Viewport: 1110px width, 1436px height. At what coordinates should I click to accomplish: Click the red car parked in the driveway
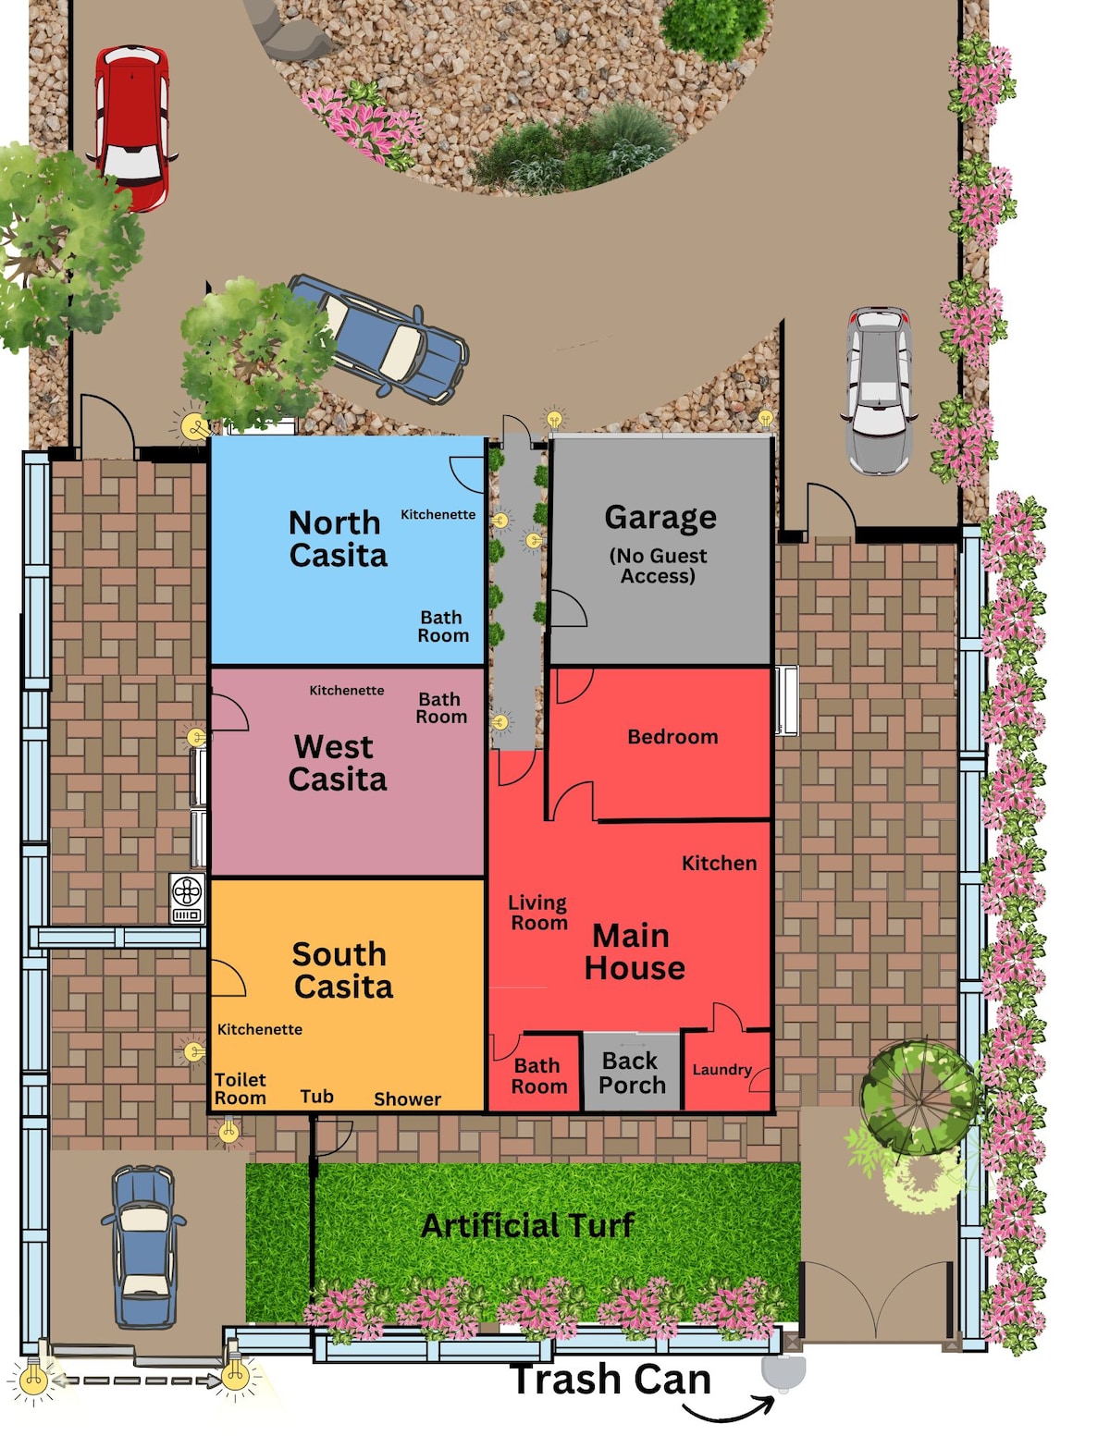coord(132,128)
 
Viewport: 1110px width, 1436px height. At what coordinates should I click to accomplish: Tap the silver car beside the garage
coord(879,390)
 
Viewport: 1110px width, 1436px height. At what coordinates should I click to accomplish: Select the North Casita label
coord(338,538)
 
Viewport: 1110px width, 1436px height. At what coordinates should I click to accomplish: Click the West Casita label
coord(338,763)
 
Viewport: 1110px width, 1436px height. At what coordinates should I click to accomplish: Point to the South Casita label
coord(342,970)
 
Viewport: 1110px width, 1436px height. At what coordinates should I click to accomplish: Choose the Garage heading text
coord(660,517)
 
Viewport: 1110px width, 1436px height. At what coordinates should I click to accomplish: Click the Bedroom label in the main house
coord(672,737)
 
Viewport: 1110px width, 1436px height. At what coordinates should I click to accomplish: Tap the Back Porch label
coord(632,1073)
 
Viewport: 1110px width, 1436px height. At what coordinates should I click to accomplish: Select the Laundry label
coord(721,1070)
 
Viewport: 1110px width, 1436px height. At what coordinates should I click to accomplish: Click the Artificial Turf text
coord(527,1226)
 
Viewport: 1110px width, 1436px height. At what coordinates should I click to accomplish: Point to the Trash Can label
coord(610,1380)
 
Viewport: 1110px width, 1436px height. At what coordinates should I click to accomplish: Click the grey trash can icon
coord(783,1372)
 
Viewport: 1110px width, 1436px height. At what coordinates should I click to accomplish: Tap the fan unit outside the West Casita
coord(187,898)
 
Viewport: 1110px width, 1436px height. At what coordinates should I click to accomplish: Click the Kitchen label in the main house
coord(720,863)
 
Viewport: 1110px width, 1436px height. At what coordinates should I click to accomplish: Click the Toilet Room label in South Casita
coord(240,1089)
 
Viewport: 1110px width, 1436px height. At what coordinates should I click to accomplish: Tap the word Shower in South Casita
coord(407,1099)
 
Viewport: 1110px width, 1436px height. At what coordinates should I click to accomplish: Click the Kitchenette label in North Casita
coord(438,514)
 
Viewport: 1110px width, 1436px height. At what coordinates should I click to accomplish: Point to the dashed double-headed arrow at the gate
coord(136,1381)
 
